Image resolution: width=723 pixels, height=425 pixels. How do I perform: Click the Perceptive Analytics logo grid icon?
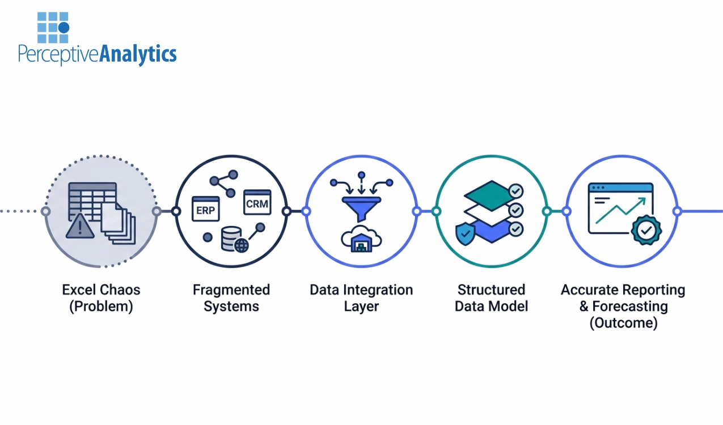coord(53,27)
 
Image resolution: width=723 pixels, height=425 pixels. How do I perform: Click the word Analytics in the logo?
coord(138,54)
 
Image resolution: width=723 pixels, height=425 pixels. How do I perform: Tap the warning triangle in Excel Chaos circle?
coord(80,227)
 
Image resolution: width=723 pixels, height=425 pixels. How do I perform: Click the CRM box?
coord(257,202)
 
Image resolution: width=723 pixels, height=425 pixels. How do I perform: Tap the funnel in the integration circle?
coord(361,208)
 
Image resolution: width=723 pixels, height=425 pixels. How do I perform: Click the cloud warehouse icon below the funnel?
coord(361,240)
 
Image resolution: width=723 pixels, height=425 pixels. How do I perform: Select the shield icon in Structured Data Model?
coord(466,233)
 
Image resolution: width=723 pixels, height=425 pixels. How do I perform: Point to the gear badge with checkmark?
coord(646,230)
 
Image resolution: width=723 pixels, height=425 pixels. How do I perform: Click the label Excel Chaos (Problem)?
coord(101,298)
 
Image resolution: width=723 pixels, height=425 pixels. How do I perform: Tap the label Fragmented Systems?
coord(231,298)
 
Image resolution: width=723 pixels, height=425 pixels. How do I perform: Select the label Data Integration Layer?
coord(361,298)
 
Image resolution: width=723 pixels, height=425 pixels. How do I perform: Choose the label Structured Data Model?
coord(491,298)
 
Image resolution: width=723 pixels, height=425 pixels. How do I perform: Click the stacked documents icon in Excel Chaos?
coord(118,224)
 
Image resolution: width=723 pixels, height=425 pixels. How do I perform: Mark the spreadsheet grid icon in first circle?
coord(91,199)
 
